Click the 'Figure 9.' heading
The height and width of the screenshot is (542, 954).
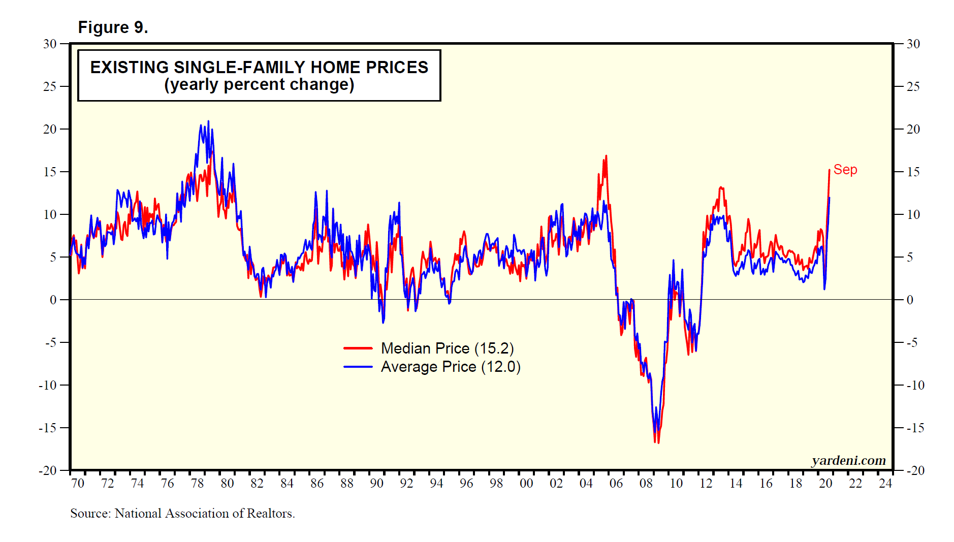(113, 27)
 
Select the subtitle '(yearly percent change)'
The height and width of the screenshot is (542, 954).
(259, 84)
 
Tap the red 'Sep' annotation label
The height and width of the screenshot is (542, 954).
(845, 170)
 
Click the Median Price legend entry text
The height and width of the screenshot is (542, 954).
(447, 348)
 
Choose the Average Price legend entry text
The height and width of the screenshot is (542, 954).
(451, 367)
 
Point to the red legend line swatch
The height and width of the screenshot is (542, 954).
(358, 348)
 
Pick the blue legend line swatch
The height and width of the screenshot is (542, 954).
(358, 367)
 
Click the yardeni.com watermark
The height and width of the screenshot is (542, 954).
(848, 460)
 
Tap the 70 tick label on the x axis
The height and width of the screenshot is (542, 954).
(78, 483)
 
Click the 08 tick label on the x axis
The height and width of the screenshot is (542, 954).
(646, 483)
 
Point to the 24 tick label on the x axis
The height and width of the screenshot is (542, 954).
(885, 483)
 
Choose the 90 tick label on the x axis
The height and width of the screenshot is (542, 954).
(376, 483)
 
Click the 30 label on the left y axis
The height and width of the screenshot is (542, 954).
(50, 44)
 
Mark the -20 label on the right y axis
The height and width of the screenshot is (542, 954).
(915, 471)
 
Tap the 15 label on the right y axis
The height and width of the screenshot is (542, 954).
(913, 172)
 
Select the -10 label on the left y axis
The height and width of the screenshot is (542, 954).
(48, 386)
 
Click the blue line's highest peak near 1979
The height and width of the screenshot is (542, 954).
(208, 121)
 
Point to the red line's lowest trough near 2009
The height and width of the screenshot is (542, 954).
(658, 443)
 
